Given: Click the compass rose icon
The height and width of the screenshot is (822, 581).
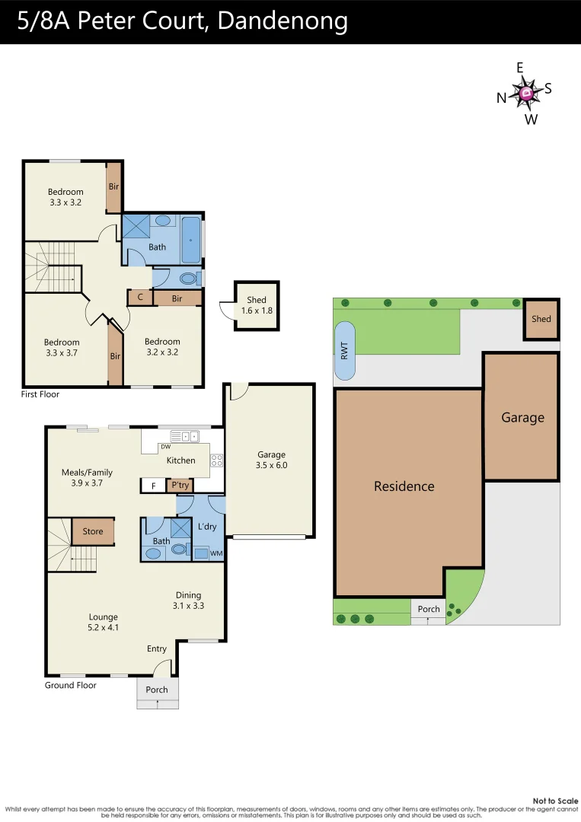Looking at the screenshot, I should tap(526, 93).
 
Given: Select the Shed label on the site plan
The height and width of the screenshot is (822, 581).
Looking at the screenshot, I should tap(541, 319).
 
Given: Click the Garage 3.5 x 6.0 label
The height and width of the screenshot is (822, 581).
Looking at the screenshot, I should tap(271, 460).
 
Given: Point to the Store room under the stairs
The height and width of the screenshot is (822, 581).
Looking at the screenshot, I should tap(93, 531).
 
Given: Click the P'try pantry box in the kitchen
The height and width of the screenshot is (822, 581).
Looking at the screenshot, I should tap(180, 485).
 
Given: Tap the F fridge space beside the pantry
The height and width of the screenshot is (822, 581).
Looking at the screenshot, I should tap(153, 485).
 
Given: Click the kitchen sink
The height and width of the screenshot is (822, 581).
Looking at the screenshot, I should tap(185, 437).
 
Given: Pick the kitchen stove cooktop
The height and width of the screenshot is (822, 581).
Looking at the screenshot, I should tap(216, 460).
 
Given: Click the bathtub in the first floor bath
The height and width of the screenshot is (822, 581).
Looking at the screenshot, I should tap(190, 239).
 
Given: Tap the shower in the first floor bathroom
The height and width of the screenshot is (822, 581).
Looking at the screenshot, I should tap(137, 228).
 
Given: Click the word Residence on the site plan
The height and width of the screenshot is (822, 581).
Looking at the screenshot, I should tap(404, 486).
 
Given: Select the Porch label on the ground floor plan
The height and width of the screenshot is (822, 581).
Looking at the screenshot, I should tap(157, 690).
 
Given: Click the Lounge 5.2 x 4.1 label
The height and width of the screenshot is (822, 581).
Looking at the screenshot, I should tap(104, 622).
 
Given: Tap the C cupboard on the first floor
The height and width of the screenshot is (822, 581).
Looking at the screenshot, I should tap(140, 298).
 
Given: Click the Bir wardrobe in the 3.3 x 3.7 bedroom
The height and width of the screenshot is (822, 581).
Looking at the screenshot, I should tap(116, 355).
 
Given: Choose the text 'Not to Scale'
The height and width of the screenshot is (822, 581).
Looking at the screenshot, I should tap(555, 801).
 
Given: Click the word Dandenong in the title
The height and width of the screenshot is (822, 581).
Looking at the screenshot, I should tap(283, 21).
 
